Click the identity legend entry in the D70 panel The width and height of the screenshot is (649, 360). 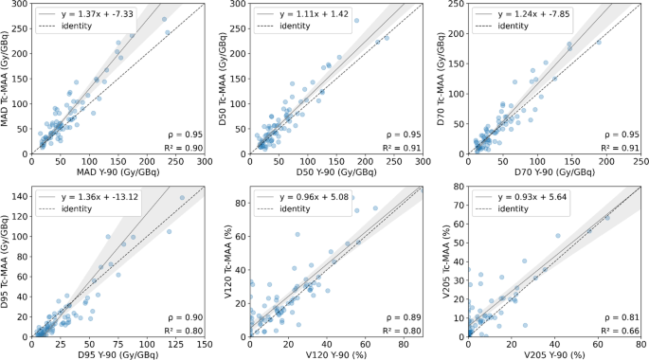click(514, 26)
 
